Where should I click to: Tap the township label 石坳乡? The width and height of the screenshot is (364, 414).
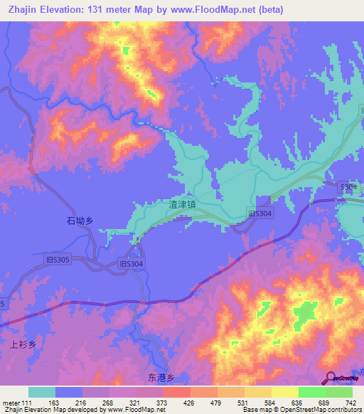coord(80,221)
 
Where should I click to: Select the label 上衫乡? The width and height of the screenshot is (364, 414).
coord(23,344)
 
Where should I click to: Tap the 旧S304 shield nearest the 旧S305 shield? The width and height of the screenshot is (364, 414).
coord(132,264)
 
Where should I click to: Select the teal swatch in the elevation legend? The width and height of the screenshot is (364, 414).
coord(42,392)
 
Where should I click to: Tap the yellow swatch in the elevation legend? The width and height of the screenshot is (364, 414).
coord(284,392)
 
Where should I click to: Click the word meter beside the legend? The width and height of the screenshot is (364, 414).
coord(10,403)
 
